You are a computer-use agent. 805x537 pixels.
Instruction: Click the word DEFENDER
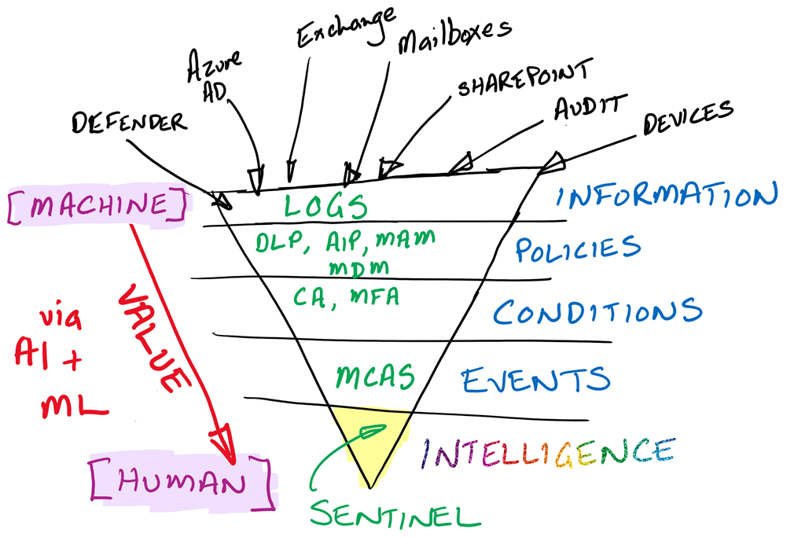coord(129,122)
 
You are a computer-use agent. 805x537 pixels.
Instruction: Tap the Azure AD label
coord(211,76)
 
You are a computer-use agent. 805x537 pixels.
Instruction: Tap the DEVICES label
coord(688,117)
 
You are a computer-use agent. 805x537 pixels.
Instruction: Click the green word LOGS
coord(325,206)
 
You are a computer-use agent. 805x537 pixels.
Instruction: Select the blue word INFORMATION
coord(667,194)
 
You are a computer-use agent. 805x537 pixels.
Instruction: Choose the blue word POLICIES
coord(578,248)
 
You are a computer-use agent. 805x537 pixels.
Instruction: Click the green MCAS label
coord(374,377)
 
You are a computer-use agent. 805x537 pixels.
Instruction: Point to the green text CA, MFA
coord(347,297)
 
